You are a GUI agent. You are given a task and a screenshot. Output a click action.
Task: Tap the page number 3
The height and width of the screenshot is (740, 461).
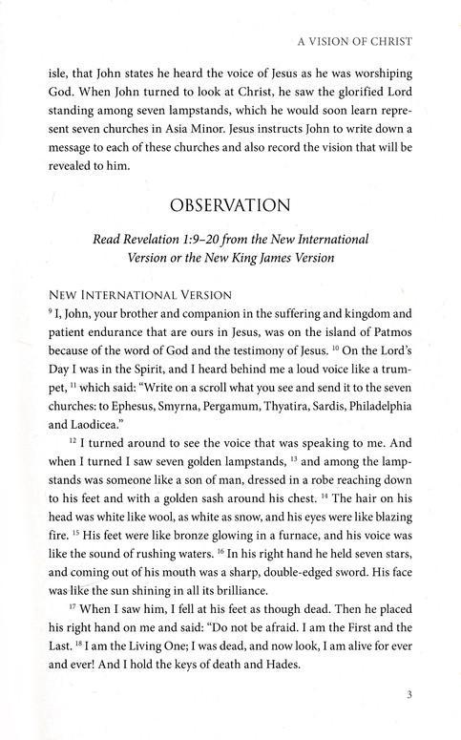pos(408,708)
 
